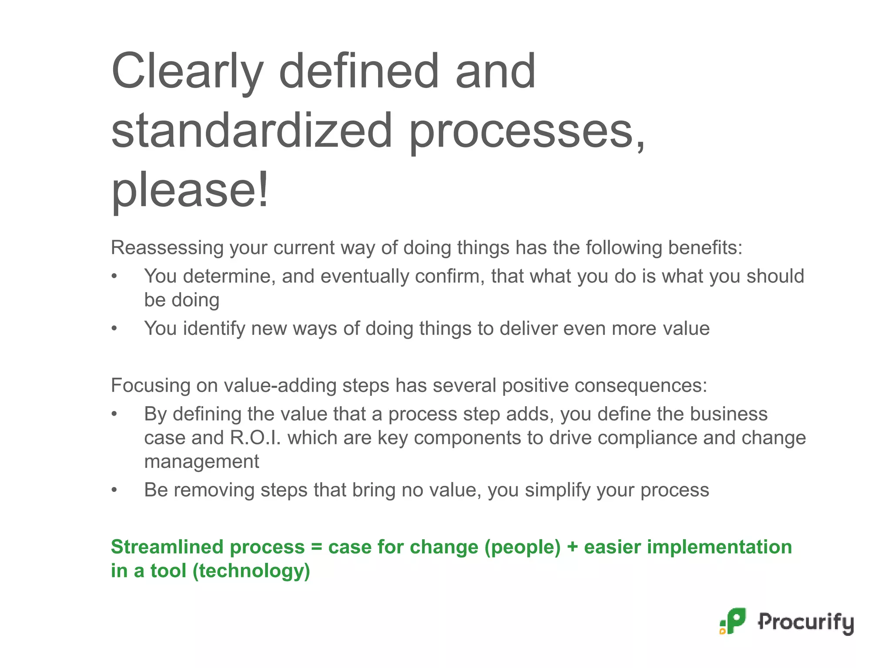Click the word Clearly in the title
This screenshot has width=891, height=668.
point(187,72)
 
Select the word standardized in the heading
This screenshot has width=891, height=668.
point(251,130)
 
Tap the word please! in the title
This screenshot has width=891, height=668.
point(190,190)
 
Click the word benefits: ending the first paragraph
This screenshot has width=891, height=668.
point(705,248)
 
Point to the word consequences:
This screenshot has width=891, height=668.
point(605,386)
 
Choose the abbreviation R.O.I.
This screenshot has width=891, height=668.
point(255,438)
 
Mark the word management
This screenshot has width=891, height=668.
point(201,462)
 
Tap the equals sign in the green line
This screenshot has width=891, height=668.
point(316,547)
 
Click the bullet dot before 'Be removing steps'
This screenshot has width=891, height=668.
point(114,490)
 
